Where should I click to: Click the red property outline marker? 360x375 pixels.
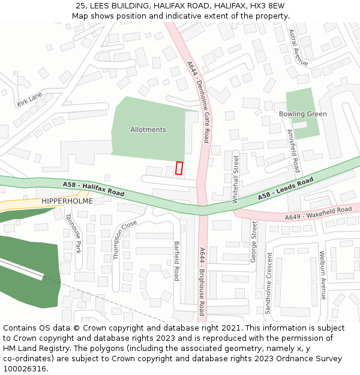179,168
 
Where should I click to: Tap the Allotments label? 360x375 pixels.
148,130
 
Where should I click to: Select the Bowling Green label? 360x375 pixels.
303,114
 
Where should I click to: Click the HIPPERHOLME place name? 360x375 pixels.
67,202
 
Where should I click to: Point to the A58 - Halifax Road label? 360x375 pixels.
93,189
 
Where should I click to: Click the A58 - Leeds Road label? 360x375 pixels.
286,188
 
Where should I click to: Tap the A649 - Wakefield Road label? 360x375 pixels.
318,213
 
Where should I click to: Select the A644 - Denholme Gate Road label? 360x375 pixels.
198,102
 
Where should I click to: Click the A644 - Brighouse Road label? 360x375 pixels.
202,281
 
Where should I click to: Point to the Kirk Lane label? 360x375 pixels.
30,99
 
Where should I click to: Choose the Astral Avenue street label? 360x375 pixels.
298,48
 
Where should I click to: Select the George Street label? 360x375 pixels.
254,242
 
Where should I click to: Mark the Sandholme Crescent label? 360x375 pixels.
269,283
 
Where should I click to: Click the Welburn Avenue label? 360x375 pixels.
323,275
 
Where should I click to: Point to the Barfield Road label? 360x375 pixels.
176,261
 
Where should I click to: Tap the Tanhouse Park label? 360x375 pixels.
73,234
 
